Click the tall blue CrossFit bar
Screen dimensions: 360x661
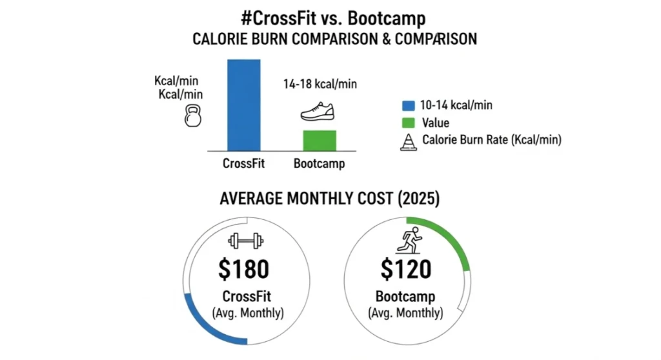pyautogui.click(x=243, y=105)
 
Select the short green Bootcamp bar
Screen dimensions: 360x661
pyautogui.click(x=319, y=140)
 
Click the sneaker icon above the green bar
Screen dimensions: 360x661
pyautogui.click(x=319, y=111)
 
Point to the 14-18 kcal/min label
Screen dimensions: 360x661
pyautogui.click(x=320, y=84)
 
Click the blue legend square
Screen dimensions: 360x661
pyautogui.click(x=407, y=105)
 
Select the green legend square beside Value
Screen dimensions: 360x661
pyautogui.click(x=407, y=123)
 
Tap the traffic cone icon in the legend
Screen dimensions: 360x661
pyautogui.click(x=407, y=141)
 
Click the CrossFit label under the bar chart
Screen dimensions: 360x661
pyautogui.click(x=243, y=163)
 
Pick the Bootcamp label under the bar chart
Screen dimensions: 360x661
pyautogui.click(x=319, y=163)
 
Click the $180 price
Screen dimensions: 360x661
pyautogui.click(x=243, y=270)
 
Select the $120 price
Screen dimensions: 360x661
pyautogui.click(x=405, y=270)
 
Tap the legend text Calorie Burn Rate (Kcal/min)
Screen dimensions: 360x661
pyautogui.click(x=491, y=140)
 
